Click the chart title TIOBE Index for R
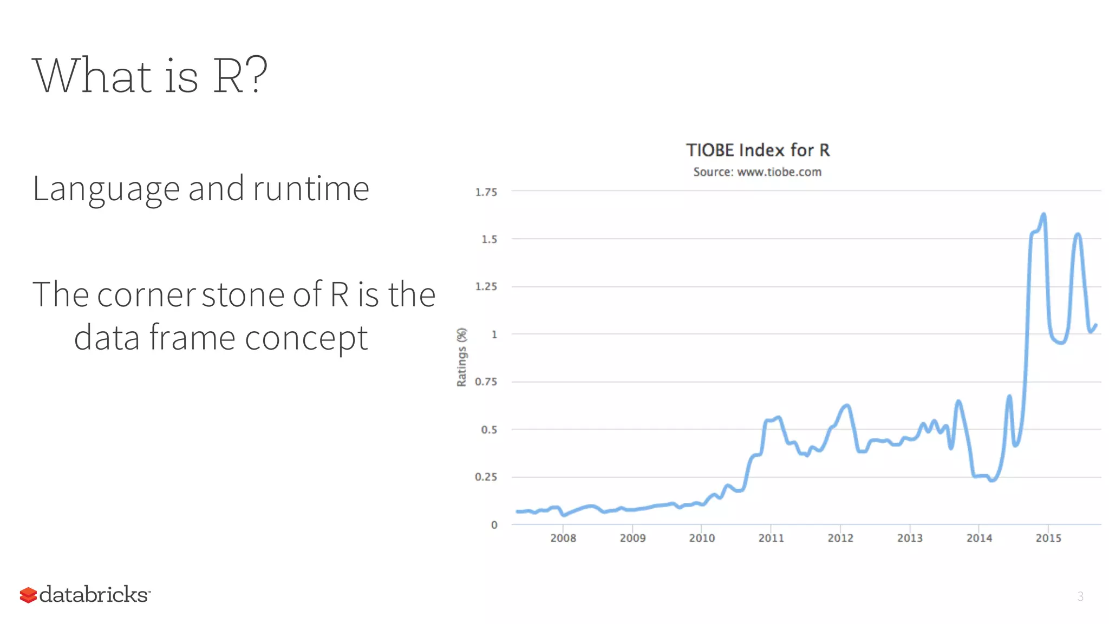[x=758, y=150]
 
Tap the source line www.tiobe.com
[x=757, y=172]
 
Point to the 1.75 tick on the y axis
[x=486, y=192]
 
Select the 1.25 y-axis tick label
[x=486, y=287]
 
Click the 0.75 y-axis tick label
[x=486, y=382]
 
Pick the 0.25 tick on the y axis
[x=486, y=477]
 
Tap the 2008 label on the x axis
[x=563, y=538]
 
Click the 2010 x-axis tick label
[x=702, y=538]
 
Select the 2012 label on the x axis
[x=840, y=538]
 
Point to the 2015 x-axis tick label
[x=1048, y=538]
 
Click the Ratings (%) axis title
[x=461, y=357]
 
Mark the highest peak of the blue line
[x=1043, y=215]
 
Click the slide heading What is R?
[x=150, y=76]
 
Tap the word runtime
[x=311, y=189]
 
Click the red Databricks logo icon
[x=28, y=595]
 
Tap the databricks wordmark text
[x=94, y=594]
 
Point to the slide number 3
[x=1080, y=596]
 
